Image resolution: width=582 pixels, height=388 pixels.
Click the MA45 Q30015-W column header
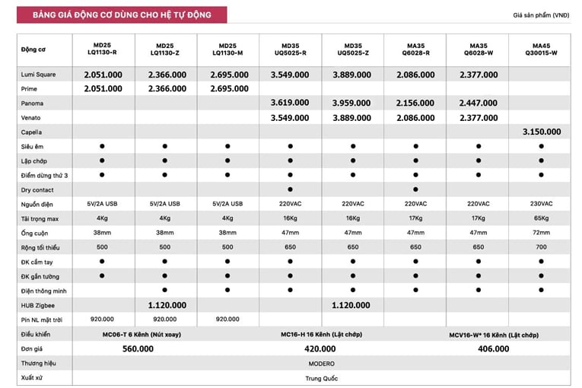click(x=541, y=49)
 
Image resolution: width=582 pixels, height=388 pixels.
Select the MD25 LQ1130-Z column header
click(x=165, y=49)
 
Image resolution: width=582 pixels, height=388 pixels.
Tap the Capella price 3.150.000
click(x=541, y=132)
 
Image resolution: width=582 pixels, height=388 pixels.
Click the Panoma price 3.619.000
click(x=290, y=103)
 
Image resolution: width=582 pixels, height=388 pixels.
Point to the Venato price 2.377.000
click(x=479, y=117)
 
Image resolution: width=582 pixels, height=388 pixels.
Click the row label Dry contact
click(x=37, y=189)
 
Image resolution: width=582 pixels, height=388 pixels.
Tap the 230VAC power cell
click(x=541, y=204)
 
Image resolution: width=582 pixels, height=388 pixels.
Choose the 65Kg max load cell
click(x=541, y=218)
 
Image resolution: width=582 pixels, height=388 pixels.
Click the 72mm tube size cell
click(x=541, y=233)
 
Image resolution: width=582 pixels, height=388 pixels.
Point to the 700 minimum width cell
click(x=541, y=247)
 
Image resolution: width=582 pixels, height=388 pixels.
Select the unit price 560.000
click(x=138, y=348)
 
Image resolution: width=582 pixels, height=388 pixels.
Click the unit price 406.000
click(x=494, y=348)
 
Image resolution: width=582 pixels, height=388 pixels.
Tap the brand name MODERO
click(x=320, y=363)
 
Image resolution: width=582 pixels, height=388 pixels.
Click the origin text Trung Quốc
click(x=320, y=377)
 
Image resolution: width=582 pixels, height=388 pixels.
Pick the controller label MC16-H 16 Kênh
click(x=320, y=334)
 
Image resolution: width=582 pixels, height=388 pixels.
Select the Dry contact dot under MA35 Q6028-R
click(x=415, y=189)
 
